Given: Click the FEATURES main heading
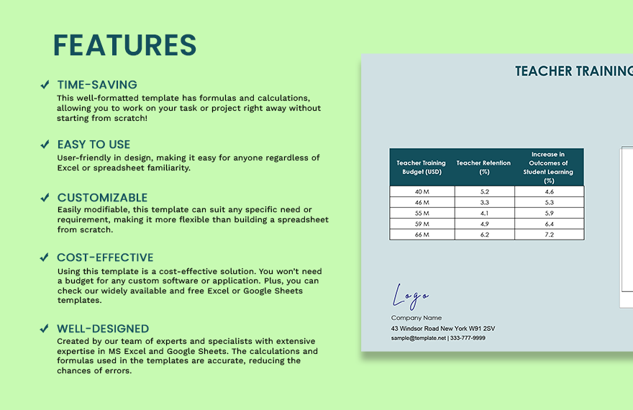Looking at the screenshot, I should pos(124,45).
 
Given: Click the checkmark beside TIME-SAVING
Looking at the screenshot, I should pos(45,85).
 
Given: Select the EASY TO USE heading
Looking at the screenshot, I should pos(94,145).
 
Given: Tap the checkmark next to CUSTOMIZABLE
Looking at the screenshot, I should pos(45,198).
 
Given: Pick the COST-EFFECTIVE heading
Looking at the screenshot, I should pos(105,258).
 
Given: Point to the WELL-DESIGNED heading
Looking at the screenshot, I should pos(103,329).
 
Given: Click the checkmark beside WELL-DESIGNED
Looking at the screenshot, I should pos(45,329).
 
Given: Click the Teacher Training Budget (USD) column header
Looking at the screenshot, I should pos(422,168).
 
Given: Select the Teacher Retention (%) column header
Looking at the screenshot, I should pos(483,168).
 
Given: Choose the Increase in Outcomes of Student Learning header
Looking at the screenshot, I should pos(548,168).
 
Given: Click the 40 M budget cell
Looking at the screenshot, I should pos(422,191).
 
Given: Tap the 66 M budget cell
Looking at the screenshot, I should pos(422,234).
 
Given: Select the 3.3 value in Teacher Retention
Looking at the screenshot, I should pos(483,202).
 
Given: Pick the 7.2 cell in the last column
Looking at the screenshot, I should pos(549,234).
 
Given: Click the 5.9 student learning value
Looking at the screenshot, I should pos(549,213).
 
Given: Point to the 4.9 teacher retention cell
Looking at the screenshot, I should pos(483,224).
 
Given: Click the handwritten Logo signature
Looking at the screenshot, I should pos(411,296).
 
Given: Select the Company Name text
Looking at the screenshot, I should pos(416,318).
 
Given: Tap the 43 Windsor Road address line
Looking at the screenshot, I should pos(442,329).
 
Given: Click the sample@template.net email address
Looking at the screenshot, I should pos(419,338).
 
